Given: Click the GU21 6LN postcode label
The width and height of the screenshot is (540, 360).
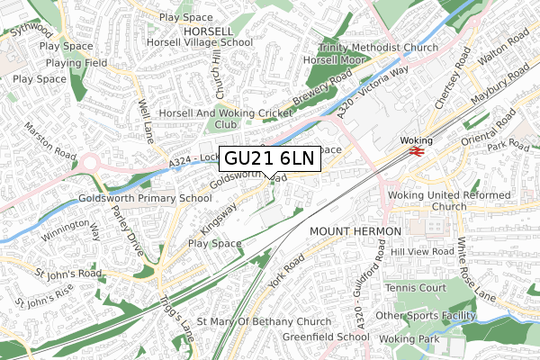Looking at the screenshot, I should (x=269, y=158).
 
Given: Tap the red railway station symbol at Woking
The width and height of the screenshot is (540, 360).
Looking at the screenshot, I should (x=416, y=152).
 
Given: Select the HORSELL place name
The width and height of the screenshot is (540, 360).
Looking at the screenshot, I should (x=208, y=30).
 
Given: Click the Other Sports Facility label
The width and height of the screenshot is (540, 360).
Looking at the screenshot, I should (x=436, y=315).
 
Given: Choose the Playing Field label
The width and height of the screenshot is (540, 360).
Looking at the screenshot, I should (x=77, y=63).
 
